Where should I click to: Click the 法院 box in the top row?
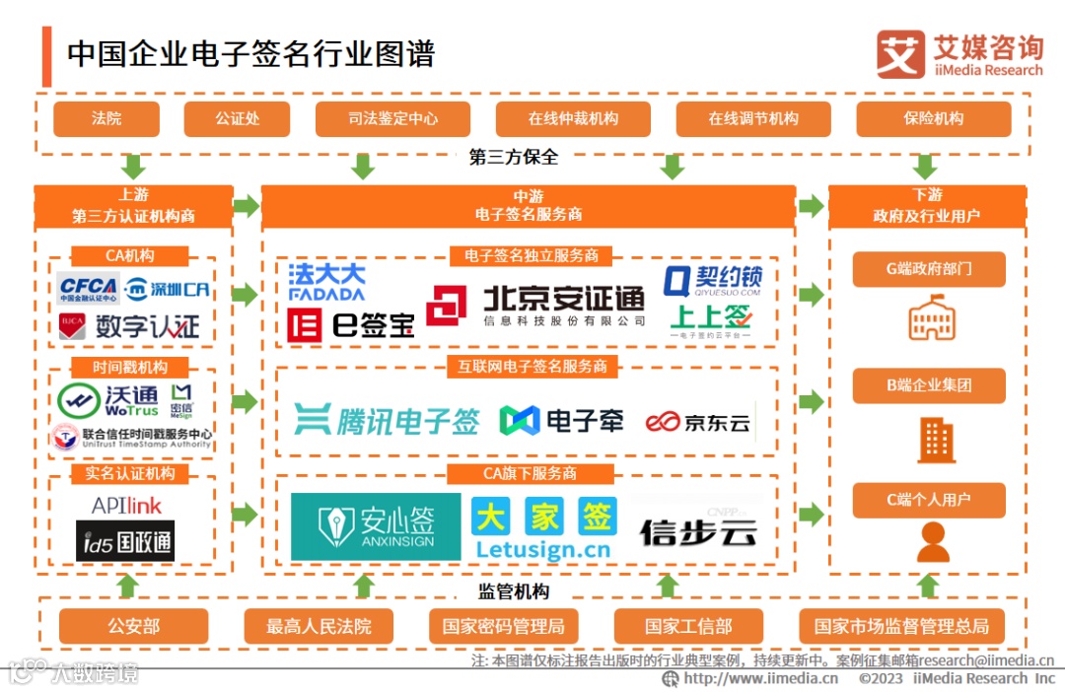pyautogui.click(x=106, y=118)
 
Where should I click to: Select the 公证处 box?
pyautogui.click(x=237, y=118)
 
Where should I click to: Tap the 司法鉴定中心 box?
pyautogui.click(x=392, y=118)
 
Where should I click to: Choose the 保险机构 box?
pyautogui.click(x=933, y=118)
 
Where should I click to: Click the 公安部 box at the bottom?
pyautogui.click(x=133, y=626)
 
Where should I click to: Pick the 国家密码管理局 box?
pyautogui.click(x=503, y=626)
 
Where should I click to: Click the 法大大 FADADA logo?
pyautogui.click(x=326, y=281)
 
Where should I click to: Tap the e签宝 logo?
pyautogui.click(x=350, y=324)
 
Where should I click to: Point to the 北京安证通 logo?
pyautogui.click(x=537, y=306)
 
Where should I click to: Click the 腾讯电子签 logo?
pyautogui.click(x=387, y=421)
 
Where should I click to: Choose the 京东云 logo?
pyautogui.click(x=699, y=423)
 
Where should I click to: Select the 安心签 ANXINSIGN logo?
pyautogui.click(x=376, y=526)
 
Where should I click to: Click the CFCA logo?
pyautogui.click(x=89, y=289)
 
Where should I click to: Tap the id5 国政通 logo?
pyautogui.click(x=125, y=541)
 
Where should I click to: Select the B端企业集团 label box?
pyautogui.click(x=929, y=385)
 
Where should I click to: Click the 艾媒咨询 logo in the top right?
pyautogui.click(x=958, y=54)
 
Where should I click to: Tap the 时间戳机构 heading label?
pyautogui.click(x=130, y=368)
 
